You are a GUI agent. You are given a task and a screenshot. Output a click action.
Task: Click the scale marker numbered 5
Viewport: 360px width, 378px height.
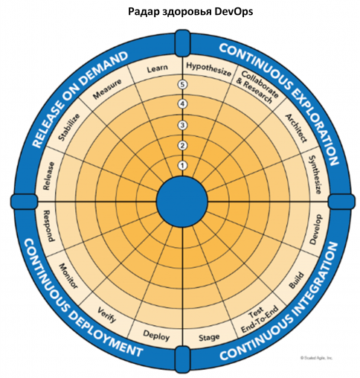tap(182, 85)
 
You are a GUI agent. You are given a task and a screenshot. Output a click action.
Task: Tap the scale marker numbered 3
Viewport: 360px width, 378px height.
tap(182, 125)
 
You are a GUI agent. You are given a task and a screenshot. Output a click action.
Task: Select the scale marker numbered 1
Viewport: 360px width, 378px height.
tap(182, 165)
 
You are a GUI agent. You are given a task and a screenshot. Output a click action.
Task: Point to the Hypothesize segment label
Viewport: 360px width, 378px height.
tap(208, 69)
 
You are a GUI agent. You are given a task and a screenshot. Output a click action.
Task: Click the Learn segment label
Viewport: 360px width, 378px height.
tap(157, 68)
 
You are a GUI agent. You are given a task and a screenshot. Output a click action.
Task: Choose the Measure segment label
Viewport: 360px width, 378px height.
tap(107, 89)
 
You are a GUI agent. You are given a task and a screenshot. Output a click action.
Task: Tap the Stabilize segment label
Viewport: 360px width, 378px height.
tap(69, 127)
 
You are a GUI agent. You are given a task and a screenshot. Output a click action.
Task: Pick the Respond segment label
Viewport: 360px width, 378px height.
tap(49, 226)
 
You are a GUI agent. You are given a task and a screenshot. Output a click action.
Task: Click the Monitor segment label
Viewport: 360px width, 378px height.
tap(68, 276)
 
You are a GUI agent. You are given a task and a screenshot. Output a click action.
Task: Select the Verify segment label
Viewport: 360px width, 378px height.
tap(106, 314)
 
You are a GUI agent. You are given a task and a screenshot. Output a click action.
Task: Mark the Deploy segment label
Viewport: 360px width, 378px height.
tap(156, 336)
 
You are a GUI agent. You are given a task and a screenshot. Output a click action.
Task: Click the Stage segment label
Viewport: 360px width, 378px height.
tap(209, 337)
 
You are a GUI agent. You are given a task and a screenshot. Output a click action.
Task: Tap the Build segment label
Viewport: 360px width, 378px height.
tap(296, 280)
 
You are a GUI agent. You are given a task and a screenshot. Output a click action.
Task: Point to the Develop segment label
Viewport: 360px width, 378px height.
tap(316, 229)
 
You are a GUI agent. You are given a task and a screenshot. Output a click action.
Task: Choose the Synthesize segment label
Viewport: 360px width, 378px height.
tap(315, 175)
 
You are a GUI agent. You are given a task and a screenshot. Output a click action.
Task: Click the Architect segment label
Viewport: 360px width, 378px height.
tap(296, 128)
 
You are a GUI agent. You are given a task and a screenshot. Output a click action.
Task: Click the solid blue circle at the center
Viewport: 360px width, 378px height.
tap(182, 202)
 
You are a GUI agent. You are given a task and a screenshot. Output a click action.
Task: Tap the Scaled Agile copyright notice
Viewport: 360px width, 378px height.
tap(316, 358)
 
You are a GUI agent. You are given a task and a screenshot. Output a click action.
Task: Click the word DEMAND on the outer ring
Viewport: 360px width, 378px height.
tap(104, 69)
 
